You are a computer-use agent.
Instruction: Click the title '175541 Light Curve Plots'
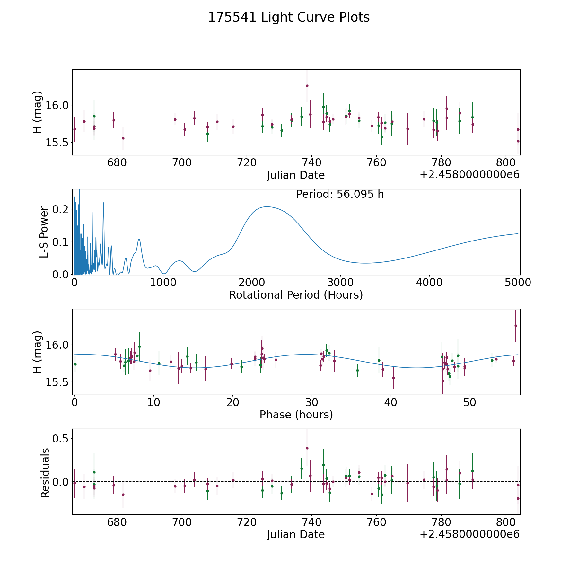tap(289, 17)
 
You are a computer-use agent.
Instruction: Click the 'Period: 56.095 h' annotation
tap(340, 194)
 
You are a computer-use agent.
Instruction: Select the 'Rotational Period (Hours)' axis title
tap(296, 295)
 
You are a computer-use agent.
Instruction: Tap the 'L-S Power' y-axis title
tap(44, 232)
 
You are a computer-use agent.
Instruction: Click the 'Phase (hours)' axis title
tap(296, 415)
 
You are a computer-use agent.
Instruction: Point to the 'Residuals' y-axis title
tap(45, 473)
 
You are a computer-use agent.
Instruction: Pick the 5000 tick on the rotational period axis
tap(518, 282)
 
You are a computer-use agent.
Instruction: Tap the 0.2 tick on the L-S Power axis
tap(61, 209)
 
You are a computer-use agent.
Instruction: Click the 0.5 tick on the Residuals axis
tap(61, 439)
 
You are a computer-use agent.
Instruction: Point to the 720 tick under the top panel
tap(247, 162)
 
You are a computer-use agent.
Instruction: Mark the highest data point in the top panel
tap(307, 86)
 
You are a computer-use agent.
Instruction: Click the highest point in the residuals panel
tap(307, 448)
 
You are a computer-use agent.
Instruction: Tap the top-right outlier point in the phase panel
tap(516, 326)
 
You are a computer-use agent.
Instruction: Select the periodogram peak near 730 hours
tap(139, 239)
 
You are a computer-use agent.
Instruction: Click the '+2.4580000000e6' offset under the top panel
tap(469, 175)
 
